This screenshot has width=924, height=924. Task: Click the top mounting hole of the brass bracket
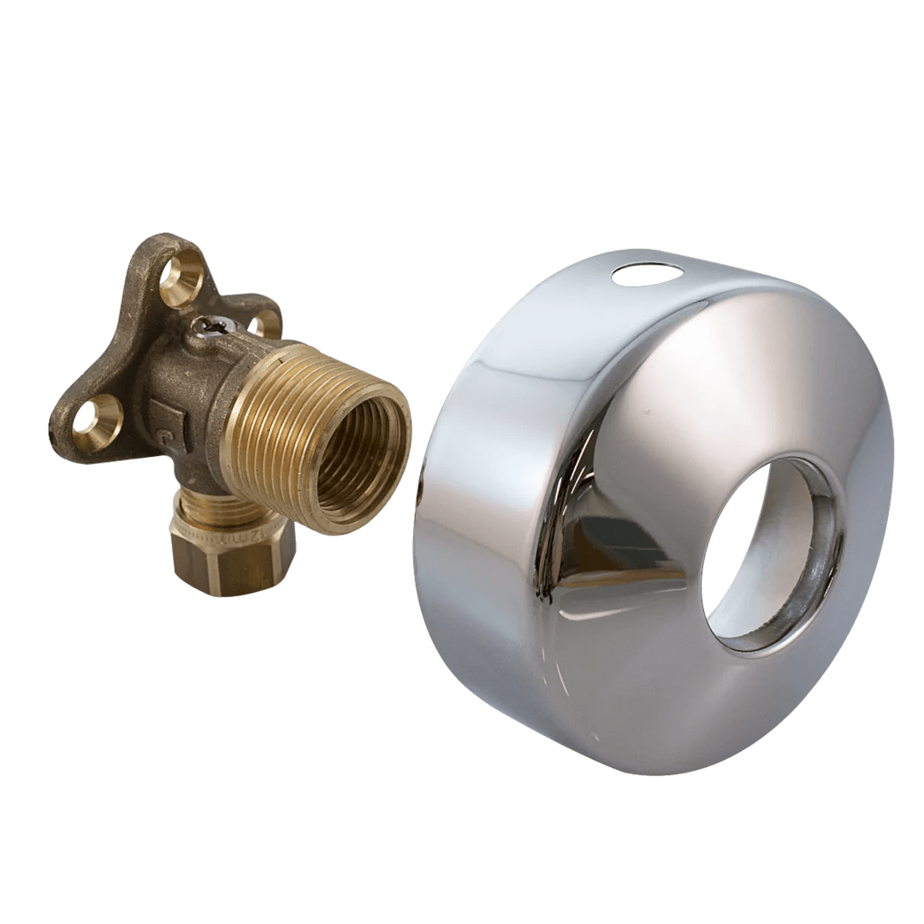[x=182, y=279]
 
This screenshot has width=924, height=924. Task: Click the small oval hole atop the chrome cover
[x=648, y=274]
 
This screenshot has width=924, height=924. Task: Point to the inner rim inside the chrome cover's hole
[x=817, y=556]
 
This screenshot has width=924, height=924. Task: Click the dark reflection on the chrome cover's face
[x=599, y=548]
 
